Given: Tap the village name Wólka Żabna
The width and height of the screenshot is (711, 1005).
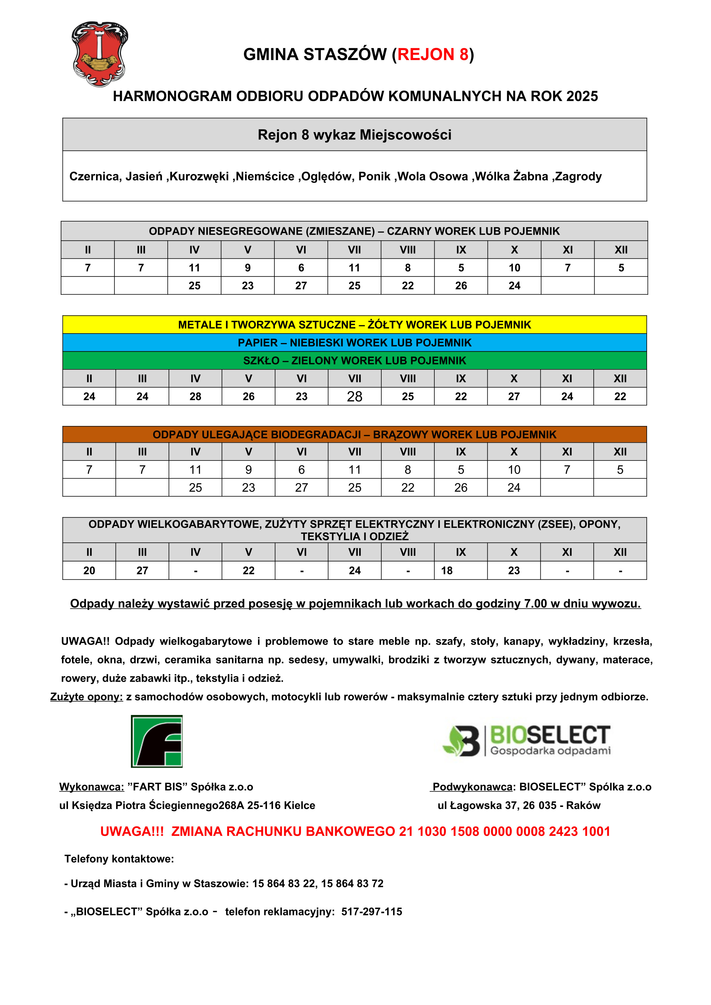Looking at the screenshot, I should [x=511, y=177].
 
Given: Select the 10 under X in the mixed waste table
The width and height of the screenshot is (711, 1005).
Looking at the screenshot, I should [x=514, y=268].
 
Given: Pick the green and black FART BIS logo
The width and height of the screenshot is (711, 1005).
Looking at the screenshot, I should [x=157, y=741].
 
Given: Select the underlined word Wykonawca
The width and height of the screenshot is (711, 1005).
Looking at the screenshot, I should [x=91, y=787].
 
